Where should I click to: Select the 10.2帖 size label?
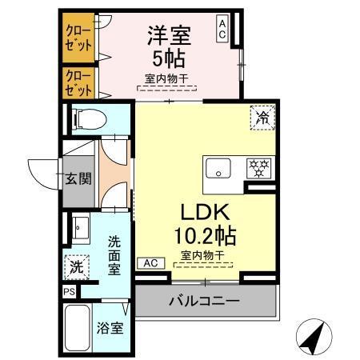coord(207,236)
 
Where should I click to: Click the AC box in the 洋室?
coord(222,30)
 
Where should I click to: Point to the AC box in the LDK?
coord(150,262)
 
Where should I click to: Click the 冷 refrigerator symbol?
coord(262,117)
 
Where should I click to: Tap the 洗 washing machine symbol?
coord(74,264)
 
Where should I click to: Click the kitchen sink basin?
coord(218,169)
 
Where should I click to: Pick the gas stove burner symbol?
coord(258,169)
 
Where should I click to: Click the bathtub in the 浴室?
coord(77,327)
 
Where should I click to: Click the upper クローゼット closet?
coord(78,37)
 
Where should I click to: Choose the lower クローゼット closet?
coord(78,82)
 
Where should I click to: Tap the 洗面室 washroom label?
coord(114,254)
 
